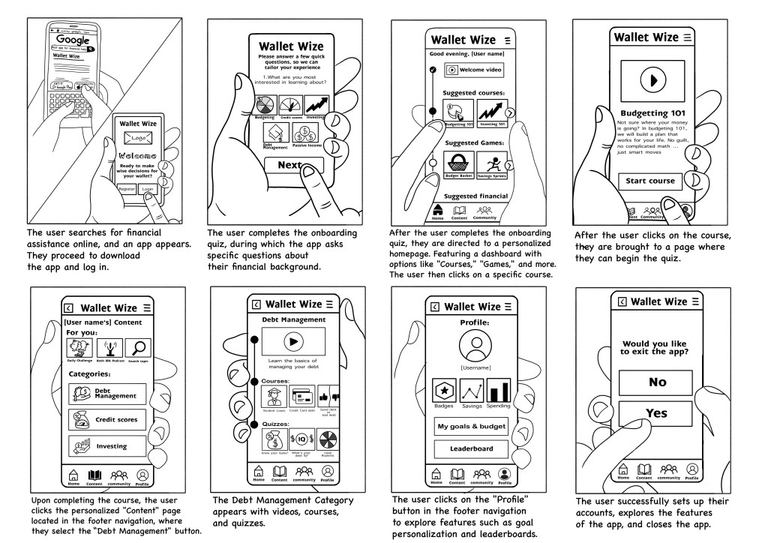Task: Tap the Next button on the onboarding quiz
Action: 288,165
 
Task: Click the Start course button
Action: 650,181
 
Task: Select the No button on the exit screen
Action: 657,382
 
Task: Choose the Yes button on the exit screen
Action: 657,413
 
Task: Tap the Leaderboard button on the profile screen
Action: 471,448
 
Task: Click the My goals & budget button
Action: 471,427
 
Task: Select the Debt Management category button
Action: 106,394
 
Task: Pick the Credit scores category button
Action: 106,419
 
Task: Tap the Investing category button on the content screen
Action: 106,446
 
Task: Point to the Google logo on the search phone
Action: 73,40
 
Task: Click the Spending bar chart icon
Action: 499,391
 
